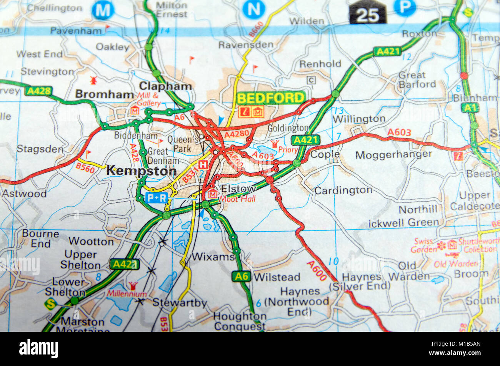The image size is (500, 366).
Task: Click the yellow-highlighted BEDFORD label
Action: [x=271, y=98]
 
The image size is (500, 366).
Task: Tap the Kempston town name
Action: [x=141, y=171]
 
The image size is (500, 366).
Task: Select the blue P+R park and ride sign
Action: [x=157, y=198]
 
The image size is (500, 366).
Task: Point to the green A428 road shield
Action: [x=38, y=91]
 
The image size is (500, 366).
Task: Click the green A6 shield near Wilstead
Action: [x=242, y=276]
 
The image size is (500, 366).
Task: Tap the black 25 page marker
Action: [x=367, y=15]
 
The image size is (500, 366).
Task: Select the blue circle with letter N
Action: [x=253, y=9]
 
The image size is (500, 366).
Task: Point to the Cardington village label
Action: [x=343, y=190]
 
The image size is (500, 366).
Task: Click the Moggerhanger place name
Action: [x=393, y=155]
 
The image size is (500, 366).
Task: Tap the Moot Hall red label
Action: [x=237, y=199]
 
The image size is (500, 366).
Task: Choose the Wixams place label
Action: [x=213, y=257]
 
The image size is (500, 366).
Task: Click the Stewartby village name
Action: [x=180, y=303]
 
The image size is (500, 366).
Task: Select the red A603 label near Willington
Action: [x=399, y=132]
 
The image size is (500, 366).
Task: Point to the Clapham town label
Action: [x=165, y=86]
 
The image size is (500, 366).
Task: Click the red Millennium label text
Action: [x=121, y=294]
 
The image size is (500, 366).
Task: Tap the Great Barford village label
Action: [x=417, y=79]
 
